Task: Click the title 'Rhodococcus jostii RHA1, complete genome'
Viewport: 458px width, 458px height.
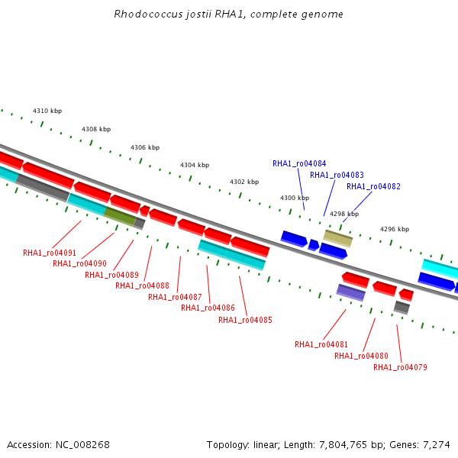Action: click(x=228, y=14)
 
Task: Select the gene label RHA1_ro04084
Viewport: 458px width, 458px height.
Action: click(x=299, y=163)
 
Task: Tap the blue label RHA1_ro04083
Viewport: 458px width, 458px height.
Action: click(x=337, y=175)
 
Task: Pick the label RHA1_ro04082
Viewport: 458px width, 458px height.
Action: click(x=373, y=186)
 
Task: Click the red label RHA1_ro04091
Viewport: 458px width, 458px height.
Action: click(x=50, y=253)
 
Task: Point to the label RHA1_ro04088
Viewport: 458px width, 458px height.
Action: click(x=142, y=285)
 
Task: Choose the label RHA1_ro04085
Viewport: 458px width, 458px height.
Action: click(x=245, y=320)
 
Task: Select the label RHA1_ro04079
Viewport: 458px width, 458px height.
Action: click(x=400, y=367)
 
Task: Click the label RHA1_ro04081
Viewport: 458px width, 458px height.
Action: click(x=321, y=345)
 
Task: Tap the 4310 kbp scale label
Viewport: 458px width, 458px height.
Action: click(x=47, y=111)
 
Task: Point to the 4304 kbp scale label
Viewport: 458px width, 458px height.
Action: click(x=195, y=166)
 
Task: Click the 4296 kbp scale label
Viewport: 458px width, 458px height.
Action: click(x=395, y=229)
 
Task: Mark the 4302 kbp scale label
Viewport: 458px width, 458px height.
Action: click(x=244, y=182)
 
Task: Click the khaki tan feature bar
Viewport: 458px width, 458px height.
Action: click(x=338, y=238)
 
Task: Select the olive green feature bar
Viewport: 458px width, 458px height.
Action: click(x=120, y=216)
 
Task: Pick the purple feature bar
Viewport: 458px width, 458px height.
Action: click(x=351, y=292)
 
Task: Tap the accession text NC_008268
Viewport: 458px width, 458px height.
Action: click(x=82, y=445)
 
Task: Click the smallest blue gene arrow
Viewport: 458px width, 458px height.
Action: click(x=314, y=245)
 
